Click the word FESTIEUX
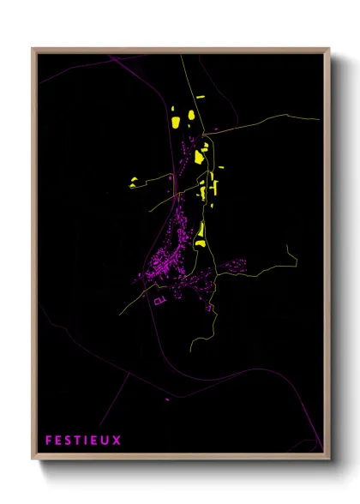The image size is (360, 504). point(82,441)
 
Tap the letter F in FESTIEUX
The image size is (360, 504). point(49,441)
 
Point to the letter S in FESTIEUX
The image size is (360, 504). point(68,441)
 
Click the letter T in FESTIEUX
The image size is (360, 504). point(77,441)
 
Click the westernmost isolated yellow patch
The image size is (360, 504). point(133,181)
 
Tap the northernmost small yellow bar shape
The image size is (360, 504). point(201,99)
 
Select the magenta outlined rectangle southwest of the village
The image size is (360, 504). point(158,300)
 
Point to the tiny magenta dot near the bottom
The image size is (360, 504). point(167,399)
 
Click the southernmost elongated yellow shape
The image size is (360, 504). point(201,233)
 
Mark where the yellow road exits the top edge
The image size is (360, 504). point(182,56)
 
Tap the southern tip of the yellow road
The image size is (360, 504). point(190,350)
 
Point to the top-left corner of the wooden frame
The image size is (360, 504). point(33,49)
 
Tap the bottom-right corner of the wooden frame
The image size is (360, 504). point(329,459)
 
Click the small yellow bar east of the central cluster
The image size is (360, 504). point(221,167)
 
